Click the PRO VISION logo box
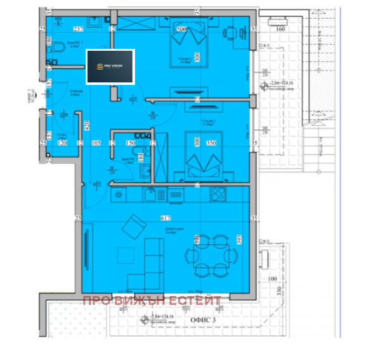point(110,67)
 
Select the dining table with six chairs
point(212,256)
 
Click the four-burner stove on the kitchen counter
point(219,195)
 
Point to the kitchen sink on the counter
point(150,195)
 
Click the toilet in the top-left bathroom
point(53,62)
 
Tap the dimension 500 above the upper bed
point(181,29)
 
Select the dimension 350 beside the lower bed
point(211,144)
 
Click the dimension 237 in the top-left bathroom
point(79,29)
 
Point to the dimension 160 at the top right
point(280,29)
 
